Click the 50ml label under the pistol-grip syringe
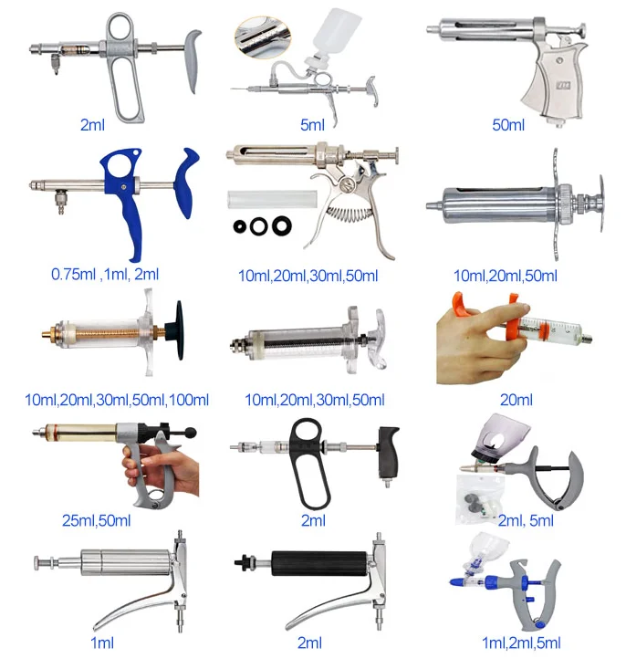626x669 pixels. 507,125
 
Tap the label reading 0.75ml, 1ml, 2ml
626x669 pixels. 105,275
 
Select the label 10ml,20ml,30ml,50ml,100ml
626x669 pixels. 117,400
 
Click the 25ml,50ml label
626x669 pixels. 97,520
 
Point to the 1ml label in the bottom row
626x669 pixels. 102,643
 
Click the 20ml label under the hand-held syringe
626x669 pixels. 516,400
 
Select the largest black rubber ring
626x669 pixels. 282,225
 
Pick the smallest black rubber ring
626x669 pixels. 240,226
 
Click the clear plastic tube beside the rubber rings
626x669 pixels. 272,199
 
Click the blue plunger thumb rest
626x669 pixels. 186,183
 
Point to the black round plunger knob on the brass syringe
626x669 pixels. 179,329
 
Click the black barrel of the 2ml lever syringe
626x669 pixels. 319,563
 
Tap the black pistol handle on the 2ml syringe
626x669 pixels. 389,453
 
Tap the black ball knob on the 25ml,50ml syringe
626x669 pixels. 191,433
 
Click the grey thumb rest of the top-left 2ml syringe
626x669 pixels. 192,59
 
